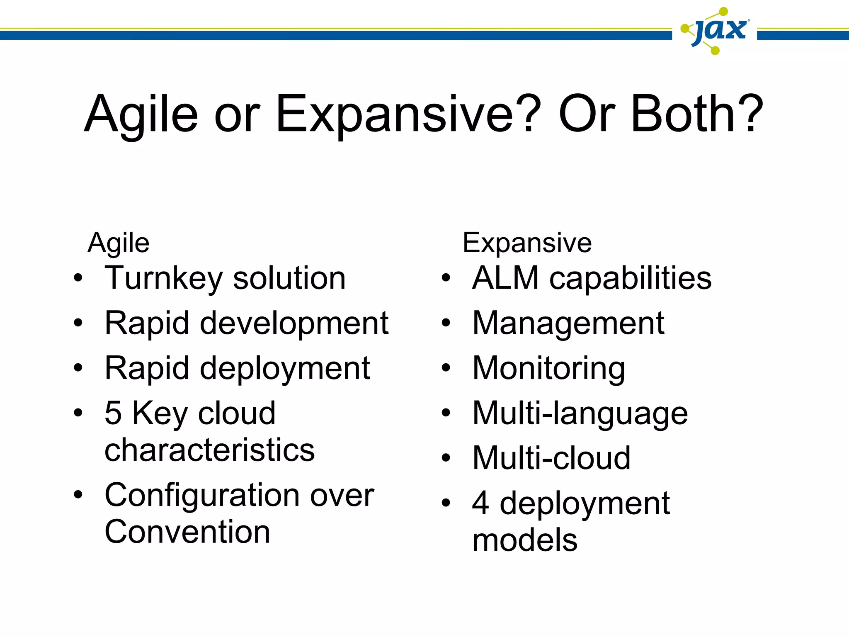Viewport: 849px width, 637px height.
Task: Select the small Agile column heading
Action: pyautogui.click(x=119, y=243)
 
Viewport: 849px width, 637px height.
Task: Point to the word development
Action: pyautogui.click(x=294, y=323)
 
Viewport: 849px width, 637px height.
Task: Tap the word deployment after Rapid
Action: pyautogui.click(x=285, y=368)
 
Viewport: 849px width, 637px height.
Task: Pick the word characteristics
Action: pyautogui.click(x=209, y=450)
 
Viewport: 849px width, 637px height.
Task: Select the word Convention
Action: pyautogui.click(x=187, y=532)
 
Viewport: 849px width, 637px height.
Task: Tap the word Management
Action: pyautogui.click(x=568, y=323)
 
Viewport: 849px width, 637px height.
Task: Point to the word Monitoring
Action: pyautogui.click(x=548, y=368)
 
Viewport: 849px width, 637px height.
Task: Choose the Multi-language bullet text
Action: pyautogui.click(x=580, y=413)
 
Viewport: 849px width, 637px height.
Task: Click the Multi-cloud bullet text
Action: pyautogui.click(x=551, y=458)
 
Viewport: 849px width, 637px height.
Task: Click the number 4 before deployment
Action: pyautogui.click(x=480, y=503)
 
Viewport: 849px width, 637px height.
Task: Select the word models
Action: pyautogui.click(x=525, y=540)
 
